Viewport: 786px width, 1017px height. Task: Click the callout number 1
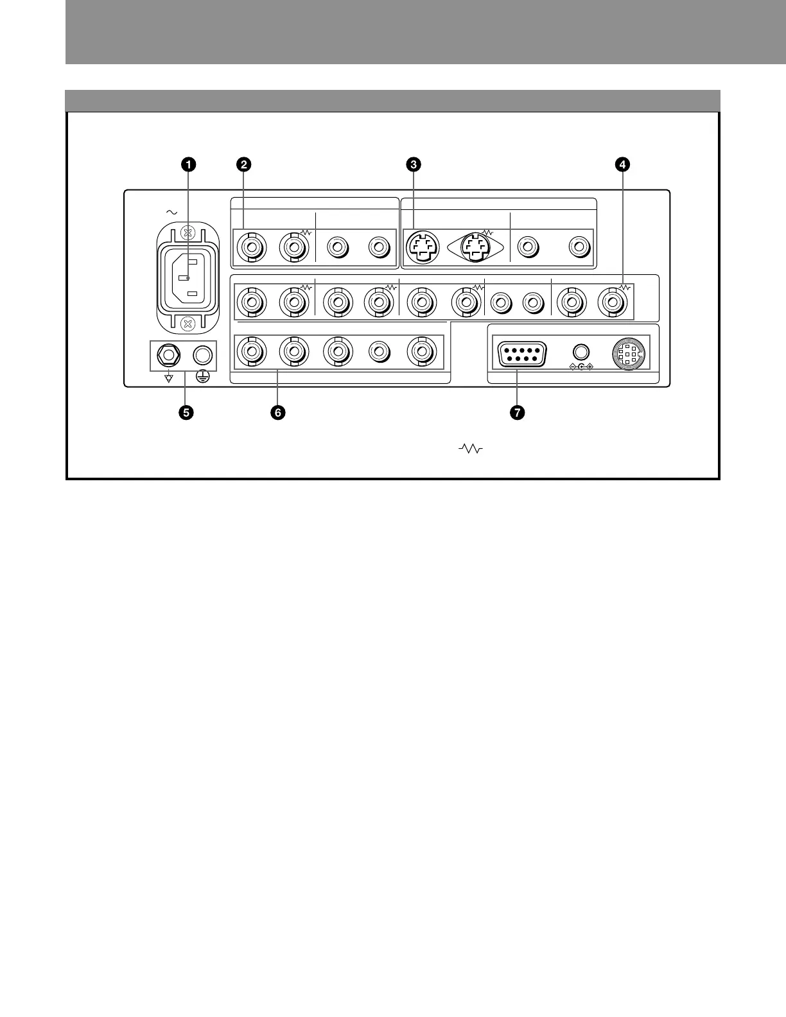[x=188, y=164]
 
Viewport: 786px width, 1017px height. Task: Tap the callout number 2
[x=243, y=164]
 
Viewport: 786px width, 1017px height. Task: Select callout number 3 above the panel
[x=415, y=164]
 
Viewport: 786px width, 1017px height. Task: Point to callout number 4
[x=621, y=164]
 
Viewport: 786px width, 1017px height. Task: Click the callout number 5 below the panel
[x=186, y=413]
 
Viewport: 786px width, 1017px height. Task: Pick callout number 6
[x=277, y=413]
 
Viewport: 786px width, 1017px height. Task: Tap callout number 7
[x=517, y=413]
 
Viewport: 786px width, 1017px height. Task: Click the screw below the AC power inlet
[x=187, y=323]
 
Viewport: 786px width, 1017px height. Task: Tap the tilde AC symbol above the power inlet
[x=171, y=211]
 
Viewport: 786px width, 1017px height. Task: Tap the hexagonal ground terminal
[x=168, y=354]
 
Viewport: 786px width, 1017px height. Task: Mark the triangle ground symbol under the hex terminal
[x=168, y=378]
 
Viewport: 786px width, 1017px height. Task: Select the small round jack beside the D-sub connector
[x=581, y=352]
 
